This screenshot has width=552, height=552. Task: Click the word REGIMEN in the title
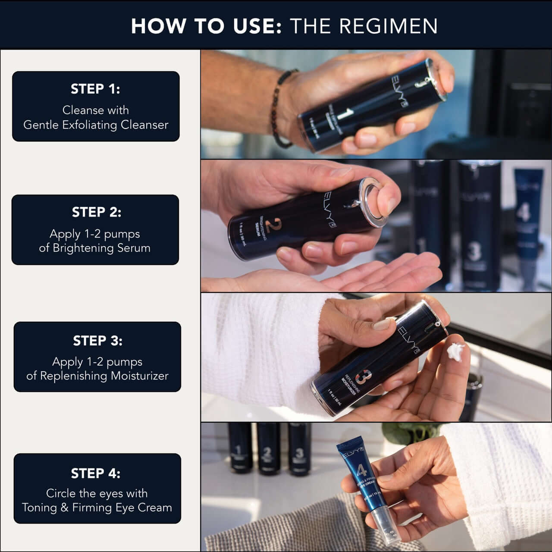388,26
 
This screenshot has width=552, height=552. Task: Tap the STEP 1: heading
95,89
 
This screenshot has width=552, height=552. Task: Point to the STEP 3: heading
97,341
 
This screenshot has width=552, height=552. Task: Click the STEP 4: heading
96,473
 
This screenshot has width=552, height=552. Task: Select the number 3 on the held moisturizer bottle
361,376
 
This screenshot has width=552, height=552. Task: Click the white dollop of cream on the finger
455,351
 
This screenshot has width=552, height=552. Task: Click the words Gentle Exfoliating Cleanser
96,125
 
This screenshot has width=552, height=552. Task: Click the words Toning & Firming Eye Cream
97,508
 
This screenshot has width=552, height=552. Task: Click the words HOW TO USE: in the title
206,26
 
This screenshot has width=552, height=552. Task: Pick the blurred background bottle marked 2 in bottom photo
267,451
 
